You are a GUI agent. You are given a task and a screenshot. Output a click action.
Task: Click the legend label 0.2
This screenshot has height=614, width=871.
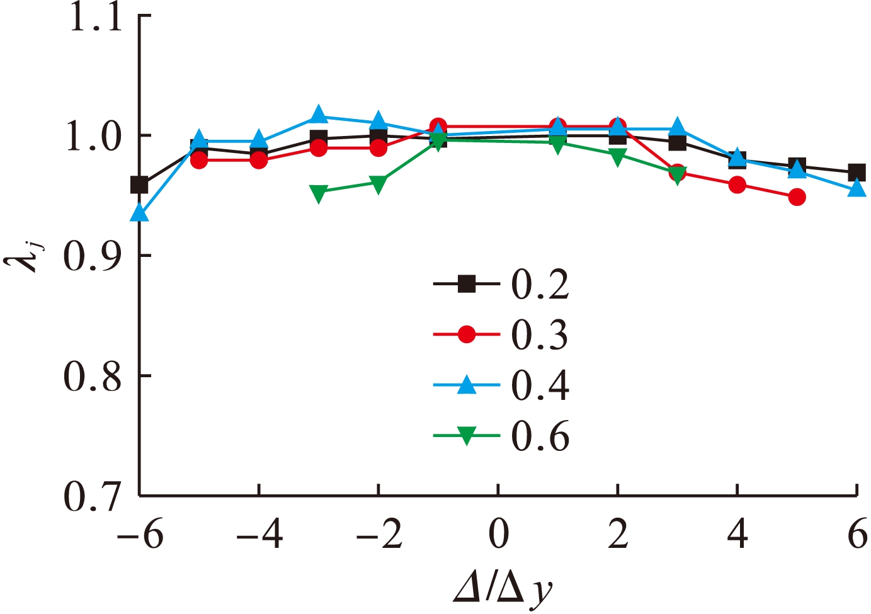540,285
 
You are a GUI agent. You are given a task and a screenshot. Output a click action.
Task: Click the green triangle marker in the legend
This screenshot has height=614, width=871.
466,436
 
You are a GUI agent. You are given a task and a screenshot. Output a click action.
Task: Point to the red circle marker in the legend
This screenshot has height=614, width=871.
466,334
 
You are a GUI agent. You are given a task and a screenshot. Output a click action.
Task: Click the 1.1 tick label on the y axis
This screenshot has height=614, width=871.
94,18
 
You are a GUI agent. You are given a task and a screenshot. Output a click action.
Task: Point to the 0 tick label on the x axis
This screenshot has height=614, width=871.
498,535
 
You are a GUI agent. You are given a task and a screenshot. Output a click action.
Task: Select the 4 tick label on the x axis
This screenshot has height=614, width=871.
737,535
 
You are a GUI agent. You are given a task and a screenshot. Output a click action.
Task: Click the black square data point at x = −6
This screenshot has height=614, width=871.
139,185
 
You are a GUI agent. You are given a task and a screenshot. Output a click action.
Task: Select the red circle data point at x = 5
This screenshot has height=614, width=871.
797,197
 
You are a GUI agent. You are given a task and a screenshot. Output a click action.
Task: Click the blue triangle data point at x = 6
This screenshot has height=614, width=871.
857,188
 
